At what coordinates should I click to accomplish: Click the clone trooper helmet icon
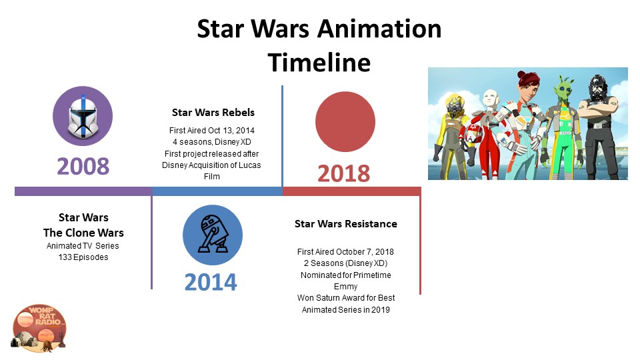pyautogui.click(x=83, y=116)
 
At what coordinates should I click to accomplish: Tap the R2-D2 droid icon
pyautogui.click(x=213, y=235)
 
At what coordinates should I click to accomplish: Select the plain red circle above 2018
pyautogui.click(x=345, y=121)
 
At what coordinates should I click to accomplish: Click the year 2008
pyautogui.click(x=83, y=166)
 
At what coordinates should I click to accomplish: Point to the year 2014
pyautogui.click(x=211, y=282)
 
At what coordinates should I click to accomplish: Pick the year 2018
pyautogui.click(x=344, y=173)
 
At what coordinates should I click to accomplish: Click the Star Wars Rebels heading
pyautogui.click(x=213, y=112)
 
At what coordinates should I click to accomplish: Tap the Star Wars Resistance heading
pyautogui.click(x=346, y=224)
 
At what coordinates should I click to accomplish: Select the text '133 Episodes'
pyautogui.click(x=83, y=257)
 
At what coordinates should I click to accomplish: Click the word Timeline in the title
pyautogui.click(x=319, y=62)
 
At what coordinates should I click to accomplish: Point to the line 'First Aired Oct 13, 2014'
pyautogui.click(x=212, y=130)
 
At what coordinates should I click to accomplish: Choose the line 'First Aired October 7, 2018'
pyautogui.click(x=345, y=251)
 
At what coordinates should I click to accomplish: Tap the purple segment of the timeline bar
pyautogui.click(x=83, y=191)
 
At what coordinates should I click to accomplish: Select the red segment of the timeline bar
pyautogui.click(x=352, y=191)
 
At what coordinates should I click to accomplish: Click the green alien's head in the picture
pyautogui.click(x=565, y=89)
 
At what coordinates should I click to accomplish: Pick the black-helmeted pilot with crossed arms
pyautogui.click(x=599, y=126)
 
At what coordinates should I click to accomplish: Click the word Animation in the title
pyautogui.click(x=379, y=29)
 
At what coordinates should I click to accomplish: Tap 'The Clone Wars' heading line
pyautogui.click(x=83, y=233)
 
